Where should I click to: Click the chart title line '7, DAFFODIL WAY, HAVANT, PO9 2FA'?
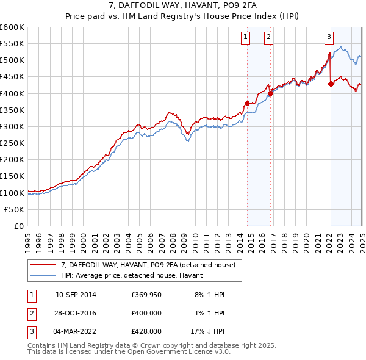tap(182, 6)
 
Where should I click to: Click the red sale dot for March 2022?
tap(331, 84)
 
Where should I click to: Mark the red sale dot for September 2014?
tap(247, 103)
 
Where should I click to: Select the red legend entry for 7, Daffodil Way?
tap(152, 265)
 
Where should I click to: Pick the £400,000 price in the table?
tap(146, 313)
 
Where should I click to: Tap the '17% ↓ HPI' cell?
tap(207, 332)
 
